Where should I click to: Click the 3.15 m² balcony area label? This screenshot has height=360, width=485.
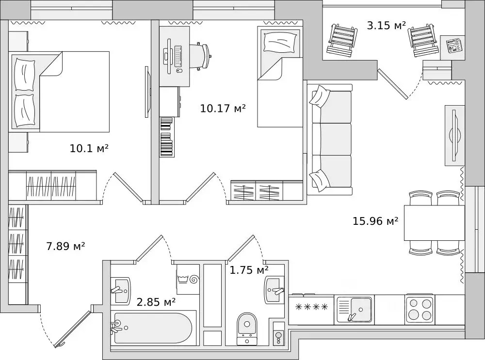coord(386,25)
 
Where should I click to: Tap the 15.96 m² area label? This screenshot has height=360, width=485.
coord(375,221)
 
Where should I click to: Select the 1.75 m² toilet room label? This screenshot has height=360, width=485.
coord(249,270)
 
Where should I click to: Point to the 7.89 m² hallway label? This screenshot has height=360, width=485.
coord(65,246)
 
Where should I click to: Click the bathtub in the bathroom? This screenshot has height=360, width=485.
coord(153,328)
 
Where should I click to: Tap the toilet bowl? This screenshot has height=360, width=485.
coord(247,328)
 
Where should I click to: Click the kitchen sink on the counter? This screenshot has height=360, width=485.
coord(354,309)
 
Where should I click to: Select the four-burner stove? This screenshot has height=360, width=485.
coord(420,309)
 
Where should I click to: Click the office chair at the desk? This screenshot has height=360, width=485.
coord(201,56)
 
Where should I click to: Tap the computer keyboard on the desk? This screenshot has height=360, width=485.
coord(178,56)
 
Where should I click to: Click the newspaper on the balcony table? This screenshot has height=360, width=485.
coord(454,46)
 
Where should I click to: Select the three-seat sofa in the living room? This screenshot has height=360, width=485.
coord(330,139)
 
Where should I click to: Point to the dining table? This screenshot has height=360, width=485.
coord(434,222)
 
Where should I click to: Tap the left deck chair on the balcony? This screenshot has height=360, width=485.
coord(342,40)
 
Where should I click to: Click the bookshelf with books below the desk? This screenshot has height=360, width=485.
coord(166,137)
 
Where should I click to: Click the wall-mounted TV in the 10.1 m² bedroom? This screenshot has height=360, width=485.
coord(147,92)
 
